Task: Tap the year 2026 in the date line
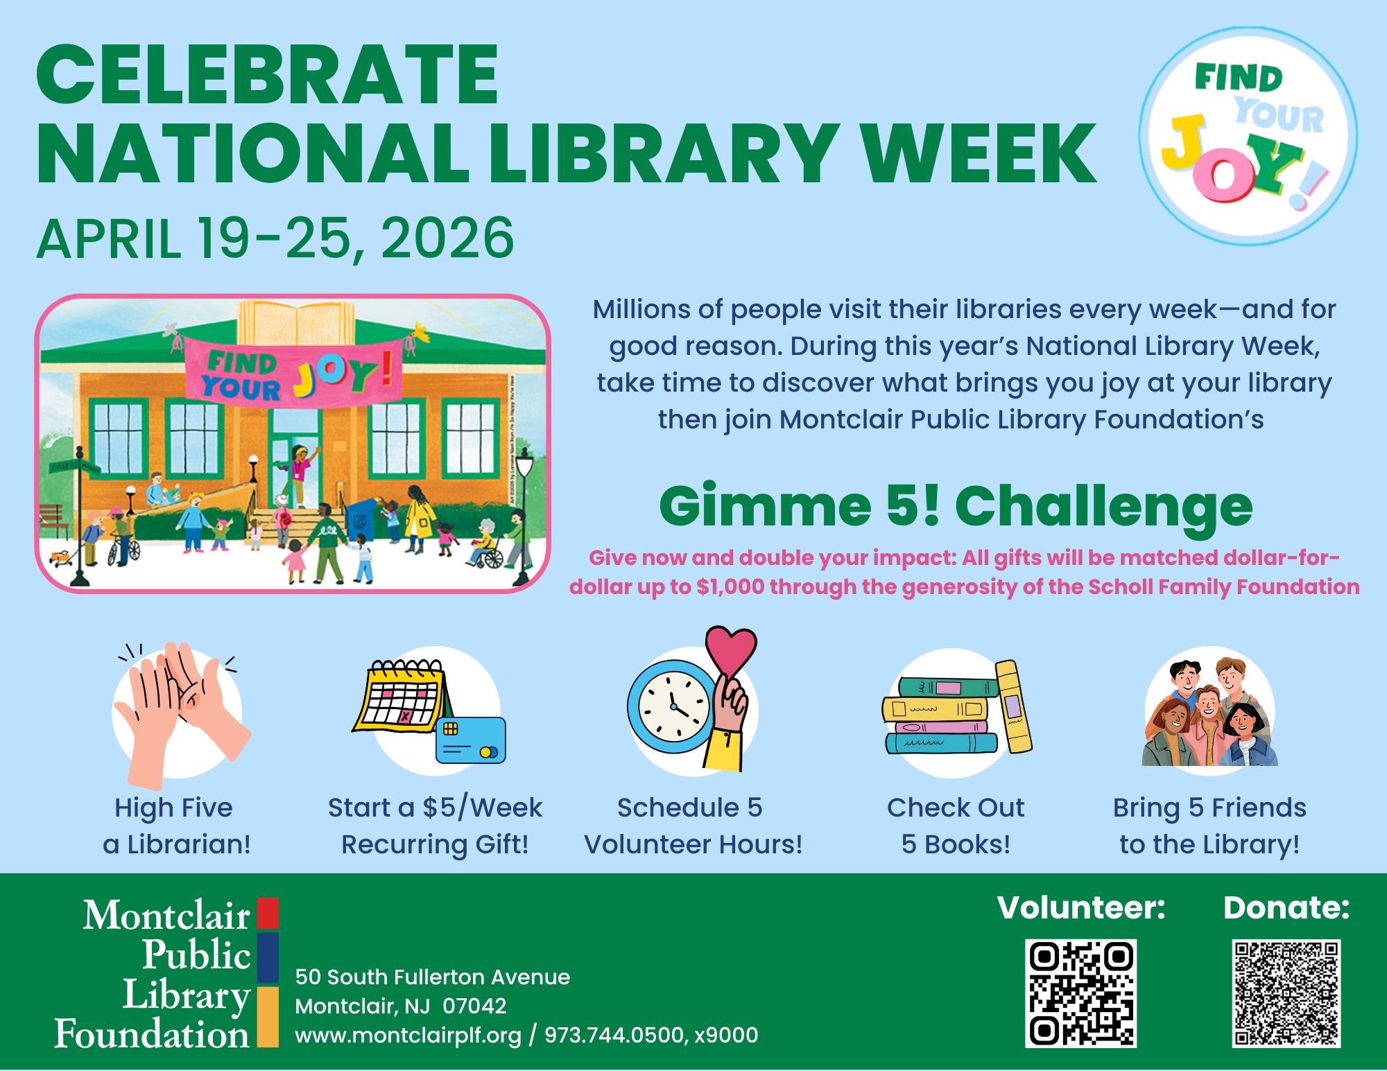point(447,238)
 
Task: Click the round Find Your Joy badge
point(1248,137)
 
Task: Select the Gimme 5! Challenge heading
point(956,505)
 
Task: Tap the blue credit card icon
point(471,740)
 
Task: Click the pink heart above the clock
point(731,650)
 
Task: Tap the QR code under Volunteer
point(1081,993)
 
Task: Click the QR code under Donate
point(1286,993)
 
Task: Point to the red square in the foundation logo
point(268,913)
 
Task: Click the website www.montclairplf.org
point(408,1035)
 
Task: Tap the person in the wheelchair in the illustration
point(488,544)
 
